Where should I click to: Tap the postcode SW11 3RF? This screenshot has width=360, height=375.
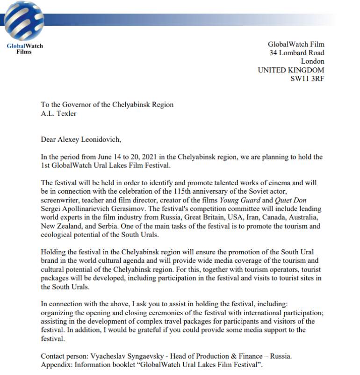point(307,79)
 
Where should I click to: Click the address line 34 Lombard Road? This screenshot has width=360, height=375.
point(296,53)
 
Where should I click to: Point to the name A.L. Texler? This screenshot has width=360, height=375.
point(58,113)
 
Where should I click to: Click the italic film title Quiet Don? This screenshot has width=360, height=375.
point(304,200)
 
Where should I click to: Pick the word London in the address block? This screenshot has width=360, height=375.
point(312,61)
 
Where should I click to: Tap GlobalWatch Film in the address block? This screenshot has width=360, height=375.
point(295,44)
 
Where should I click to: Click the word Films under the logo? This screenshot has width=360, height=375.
point(24,51)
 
